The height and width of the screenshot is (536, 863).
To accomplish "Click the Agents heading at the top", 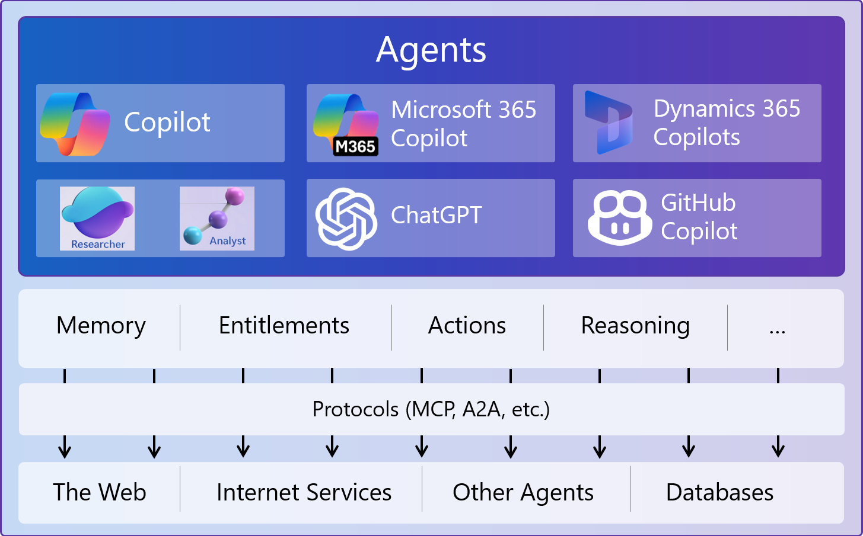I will [431, 50].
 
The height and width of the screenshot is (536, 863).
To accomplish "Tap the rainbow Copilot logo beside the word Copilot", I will [75, 124].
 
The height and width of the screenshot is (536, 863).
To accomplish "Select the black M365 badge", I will [355, 146].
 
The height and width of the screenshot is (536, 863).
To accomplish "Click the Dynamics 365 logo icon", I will [608, 123].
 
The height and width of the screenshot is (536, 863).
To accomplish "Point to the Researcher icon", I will [97, 218].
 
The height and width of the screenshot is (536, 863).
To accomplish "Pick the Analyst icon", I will [217, 218].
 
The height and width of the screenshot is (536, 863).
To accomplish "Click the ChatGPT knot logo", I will [346, 218].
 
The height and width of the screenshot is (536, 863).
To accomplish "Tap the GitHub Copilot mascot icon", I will [619, 217].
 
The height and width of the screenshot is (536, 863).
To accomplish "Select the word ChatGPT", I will [437, 215].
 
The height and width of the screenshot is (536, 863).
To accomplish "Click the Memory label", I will [101, 326].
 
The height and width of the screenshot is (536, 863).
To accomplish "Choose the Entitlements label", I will [284, 326].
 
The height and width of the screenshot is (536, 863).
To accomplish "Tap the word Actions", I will [467, 326].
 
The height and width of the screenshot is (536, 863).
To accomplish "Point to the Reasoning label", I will [635, 326].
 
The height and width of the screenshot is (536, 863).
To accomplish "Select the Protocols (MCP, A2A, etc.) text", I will [431, 409].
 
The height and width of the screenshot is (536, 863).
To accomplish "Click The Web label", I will [100, 492].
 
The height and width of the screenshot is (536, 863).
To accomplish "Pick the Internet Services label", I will [304, 492].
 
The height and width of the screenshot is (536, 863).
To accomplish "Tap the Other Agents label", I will [523, 492].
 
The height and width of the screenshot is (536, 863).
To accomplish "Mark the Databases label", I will [719, 492].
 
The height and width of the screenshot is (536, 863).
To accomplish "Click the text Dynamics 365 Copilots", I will [727, 123].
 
